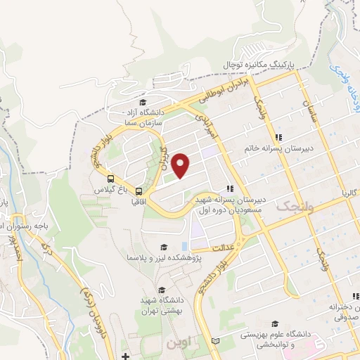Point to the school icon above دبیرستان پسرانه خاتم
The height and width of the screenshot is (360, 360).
(278, 137)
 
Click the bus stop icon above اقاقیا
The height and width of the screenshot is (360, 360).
(139, 191)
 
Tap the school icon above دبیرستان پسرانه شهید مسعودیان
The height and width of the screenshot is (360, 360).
(229, 188)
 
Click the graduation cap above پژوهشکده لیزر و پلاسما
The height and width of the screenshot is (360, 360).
(164, 247)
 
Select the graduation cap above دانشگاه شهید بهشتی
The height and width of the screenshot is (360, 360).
(161, 290)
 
